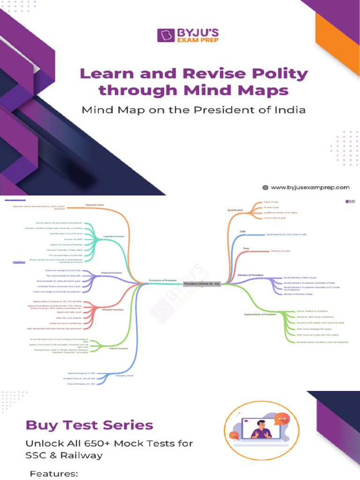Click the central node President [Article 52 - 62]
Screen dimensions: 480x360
202,284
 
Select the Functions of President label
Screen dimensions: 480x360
163,280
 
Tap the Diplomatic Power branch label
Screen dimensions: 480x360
95,205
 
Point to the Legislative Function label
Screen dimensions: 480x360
114,237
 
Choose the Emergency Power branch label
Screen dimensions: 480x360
125,375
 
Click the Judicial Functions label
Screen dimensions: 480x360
118,348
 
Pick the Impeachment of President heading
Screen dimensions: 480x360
260,314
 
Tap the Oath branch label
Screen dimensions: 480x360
242,232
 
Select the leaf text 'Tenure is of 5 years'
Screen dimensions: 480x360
281,251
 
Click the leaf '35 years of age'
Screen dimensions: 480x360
271,207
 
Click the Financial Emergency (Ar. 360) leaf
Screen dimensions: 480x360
81,383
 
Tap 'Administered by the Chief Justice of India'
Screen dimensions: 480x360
286,234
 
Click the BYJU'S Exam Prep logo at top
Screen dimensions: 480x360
187,35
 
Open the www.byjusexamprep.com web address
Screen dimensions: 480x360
310,187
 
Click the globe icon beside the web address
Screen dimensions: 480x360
265,187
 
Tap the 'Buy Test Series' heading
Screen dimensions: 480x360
90,425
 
